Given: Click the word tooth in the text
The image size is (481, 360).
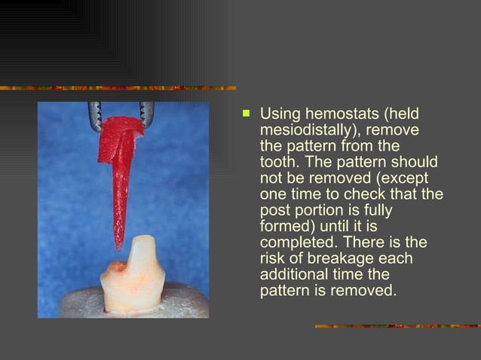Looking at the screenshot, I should [279, 162].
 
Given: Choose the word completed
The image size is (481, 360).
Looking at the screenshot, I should [296, 243].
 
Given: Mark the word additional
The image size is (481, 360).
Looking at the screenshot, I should [295, 274].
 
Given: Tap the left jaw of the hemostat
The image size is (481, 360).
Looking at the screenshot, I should [96, 114].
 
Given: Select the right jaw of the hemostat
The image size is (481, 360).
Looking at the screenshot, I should [146, 113].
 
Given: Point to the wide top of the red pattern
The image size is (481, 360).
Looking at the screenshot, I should [121, 136].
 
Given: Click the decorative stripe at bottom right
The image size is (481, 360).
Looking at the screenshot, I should [397, 326].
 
